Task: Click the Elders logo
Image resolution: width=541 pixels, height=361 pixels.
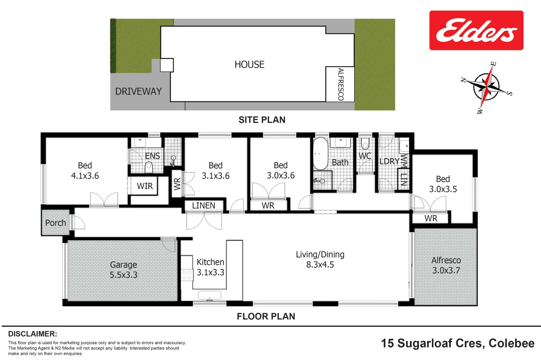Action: (476, 30)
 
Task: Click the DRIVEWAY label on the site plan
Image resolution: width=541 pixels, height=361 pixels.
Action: (138, 91)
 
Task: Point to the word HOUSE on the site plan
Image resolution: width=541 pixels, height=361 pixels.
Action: (249, 65)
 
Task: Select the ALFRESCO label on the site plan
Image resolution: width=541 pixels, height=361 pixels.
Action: (341, 84)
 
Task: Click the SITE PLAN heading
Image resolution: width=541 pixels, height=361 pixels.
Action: (262, 120)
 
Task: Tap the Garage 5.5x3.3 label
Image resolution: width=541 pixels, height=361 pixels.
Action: (123, 270)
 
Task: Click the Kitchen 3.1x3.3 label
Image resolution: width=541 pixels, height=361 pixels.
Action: (210, 267)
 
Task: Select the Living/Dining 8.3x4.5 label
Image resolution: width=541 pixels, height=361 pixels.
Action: (320, 259)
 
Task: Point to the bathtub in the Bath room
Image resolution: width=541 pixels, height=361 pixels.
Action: (320, 154)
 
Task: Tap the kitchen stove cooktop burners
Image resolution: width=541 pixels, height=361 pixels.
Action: (187, 275)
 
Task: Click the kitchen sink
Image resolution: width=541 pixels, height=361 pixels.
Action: (210, 295)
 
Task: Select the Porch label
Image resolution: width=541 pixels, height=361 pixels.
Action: (55, 223)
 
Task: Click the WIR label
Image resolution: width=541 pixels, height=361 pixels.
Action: (145, 186)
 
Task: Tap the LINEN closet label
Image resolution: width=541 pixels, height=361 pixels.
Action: (203, 206)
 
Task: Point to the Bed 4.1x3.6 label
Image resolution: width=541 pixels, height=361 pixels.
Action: (85, 170)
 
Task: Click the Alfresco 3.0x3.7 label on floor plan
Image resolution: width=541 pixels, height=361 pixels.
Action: (446, 265)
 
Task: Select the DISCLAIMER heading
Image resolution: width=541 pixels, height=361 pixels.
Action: (32, 334)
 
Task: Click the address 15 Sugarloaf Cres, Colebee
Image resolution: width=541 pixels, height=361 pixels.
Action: (458, 343)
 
